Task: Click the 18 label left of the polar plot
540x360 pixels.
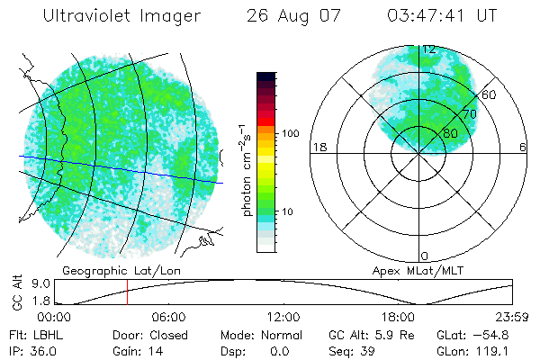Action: [x=318, y=147]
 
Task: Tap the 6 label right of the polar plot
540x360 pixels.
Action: [x=523, y=147]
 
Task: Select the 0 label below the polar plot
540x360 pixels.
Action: [x=425, y=256]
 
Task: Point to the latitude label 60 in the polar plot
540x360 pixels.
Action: [x=490, y=94]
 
